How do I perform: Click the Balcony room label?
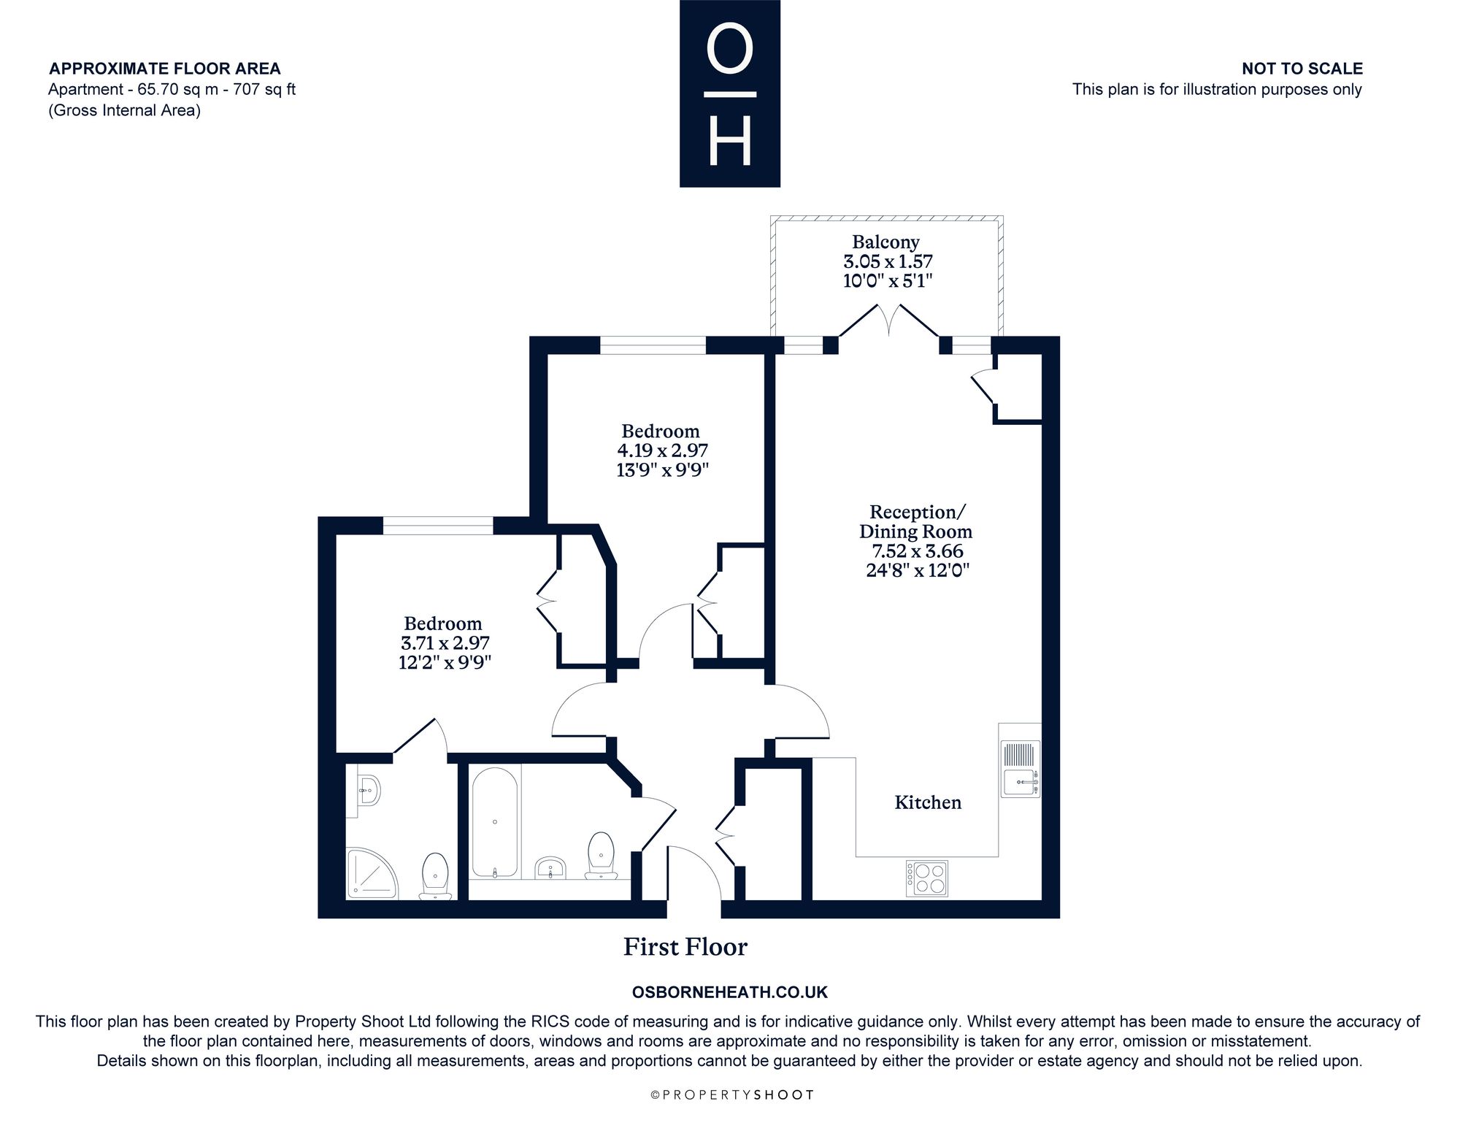tap(885, 242)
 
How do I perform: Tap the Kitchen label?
tap(928, 802)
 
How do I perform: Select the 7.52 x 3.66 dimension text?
tap(917, 551)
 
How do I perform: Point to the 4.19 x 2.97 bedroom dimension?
tap(662, 450)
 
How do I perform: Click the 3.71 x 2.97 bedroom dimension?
tap(445, 643)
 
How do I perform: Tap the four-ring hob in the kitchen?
tap(927, 878)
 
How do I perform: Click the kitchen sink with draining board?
tap(1021, 769)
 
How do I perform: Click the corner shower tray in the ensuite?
tap(372, 873)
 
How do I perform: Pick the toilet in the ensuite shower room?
tap(435, 876)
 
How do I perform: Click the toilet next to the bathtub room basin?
tap(601, 856)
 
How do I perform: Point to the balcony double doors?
tap(888, 321)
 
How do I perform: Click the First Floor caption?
tap(685, 947)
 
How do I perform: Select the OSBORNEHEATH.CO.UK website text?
tap(729, 992)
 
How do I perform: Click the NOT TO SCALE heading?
tap(1302, 69)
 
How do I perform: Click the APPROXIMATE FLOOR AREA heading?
tap(165, 69)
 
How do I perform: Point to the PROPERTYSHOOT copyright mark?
tap(731, 1095)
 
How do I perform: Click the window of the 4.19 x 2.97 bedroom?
tap(653, 345)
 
